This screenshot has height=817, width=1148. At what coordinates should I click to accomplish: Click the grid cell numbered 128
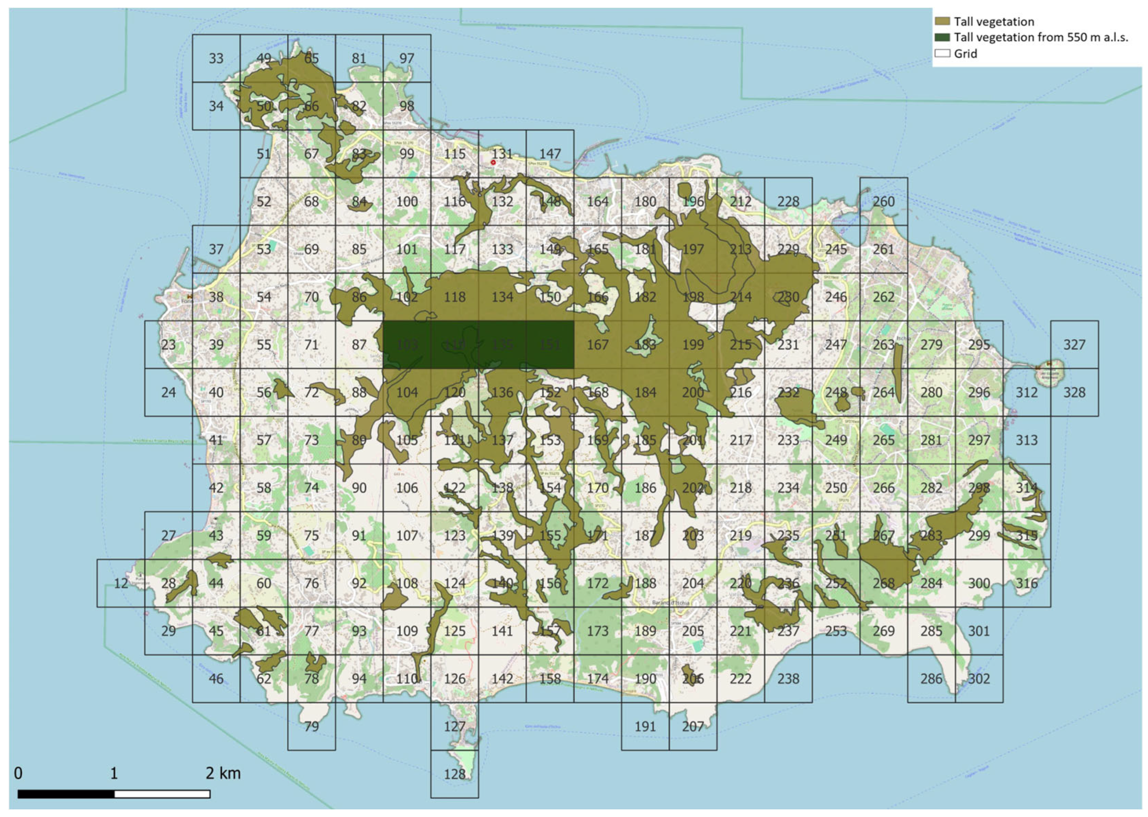pos(454,774)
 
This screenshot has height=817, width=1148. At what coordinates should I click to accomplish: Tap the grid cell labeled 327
pos(1074,345)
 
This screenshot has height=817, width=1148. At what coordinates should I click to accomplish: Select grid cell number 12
pos(121,583)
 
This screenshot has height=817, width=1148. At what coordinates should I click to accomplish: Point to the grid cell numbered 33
pos(216,58)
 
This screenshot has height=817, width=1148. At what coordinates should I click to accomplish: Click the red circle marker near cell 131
pos(493,163)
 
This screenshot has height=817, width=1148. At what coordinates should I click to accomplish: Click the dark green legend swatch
pos(942,37)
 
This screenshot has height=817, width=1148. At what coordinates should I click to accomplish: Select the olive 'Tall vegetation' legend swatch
pos(942,21)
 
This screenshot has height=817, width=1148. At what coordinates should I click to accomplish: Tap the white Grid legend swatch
pos(942,53)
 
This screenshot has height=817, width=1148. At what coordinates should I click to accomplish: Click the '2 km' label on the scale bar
pos(223,773)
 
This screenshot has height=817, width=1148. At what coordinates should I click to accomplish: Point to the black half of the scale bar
pos(66,794)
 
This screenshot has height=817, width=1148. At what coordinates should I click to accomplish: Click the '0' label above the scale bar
pos(18,773)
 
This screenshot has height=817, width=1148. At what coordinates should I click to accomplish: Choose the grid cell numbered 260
pos(883,201)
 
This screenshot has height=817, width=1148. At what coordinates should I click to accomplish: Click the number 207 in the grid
pos(693,726)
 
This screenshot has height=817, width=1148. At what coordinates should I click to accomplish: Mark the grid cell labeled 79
pos(311,726)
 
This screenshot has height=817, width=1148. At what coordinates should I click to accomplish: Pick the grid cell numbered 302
pos(979,679)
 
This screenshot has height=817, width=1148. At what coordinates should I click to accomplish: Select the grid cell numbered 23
pos(169,345)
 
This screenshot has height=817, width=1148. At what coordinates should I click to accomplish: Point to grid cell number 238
pos(788,679)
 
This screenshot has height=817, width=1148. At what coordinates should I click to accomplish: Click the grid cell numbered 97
pos(407,58)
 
